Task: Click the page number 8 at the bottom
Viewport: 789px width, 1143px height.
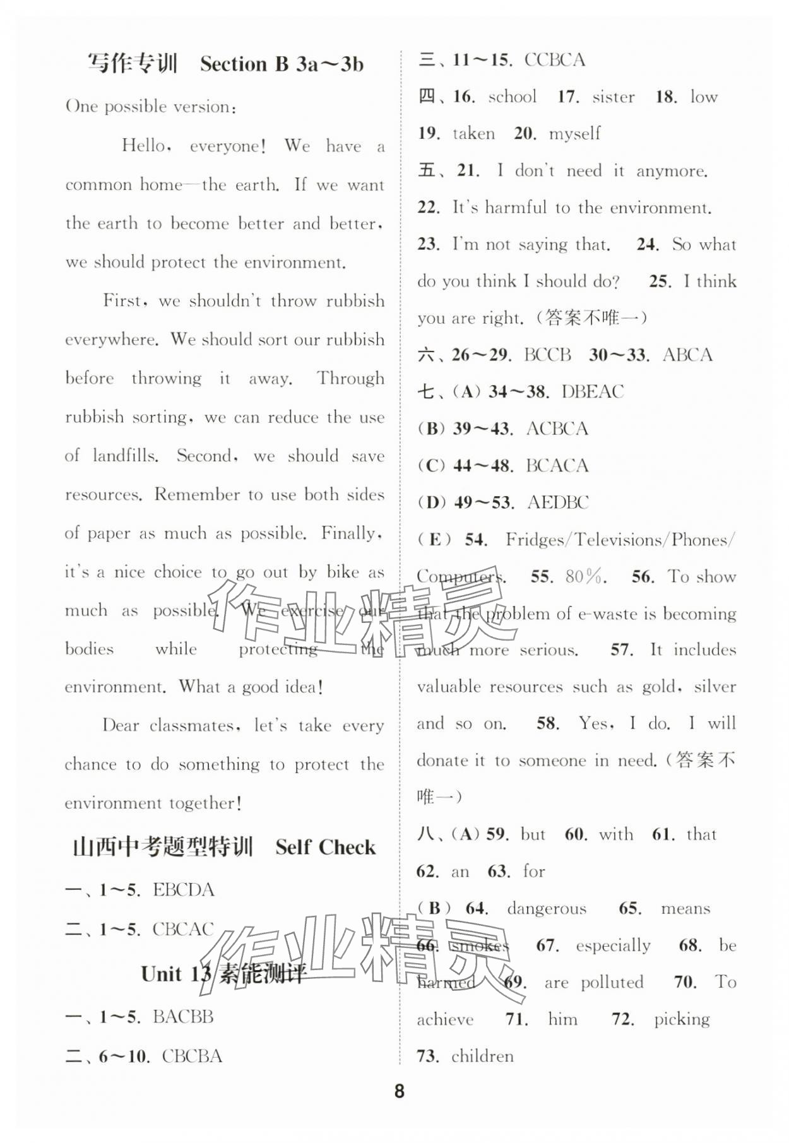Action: (x=399, y=1091)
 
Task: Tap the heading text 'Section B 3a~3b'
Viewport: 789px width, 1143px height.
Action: (x=282, y=64)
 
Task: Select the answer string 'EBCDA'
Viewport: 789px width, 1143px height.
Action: (x=184, y=890)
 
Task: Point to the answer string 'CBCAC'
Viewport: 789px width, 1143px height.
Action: (x=183, y=929)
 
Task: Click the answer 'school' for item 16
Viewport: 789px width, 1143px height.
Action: (x=512, y=97)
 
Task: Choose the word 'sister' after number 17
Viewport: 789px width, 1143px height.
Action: (x=613, y=97)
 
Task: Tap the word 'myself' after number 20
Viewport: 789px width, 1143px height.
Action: (x=574, y=134)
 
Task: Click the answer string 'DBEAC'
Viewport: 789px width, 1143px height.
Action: (x=592, y=392)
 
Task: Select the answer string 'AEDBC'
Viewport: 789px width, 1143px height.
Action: (x=558, y=502)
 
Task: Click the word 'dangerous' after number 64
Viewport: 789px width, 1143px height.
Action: (x=547, y=909)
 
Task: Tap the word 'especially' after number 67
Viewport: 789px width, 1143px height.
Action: (x=612, y=945)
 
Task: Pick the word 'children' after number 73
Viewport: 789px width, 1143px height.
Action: (x=482, y=1056)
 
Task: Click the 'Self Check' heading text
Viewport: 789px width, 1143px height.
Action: (x=325, y=847)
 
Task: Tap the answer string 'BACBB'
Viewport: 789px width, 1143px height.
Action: (x=183, y=1017)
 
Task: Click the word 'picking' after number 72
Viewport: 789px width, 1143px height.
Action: (x=682, y=1019)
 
